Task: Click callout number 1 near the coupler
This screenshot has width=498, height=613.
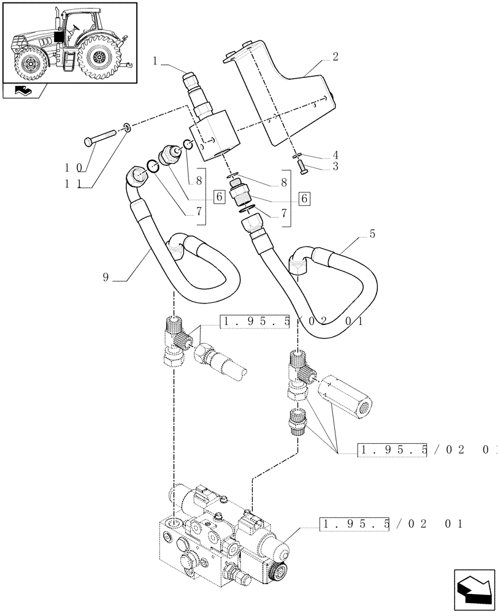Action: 157,61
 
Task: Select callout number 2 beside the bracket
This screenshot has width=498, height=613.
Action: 335,57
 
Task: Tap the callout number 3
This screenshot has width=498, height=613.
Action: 335,166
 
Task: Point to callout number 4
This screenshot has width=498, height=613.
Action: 335,154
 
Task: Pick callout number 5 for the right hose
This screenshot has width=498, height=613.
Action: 372,234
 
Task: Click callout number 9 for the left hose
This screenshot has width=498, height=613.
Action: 106,277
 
